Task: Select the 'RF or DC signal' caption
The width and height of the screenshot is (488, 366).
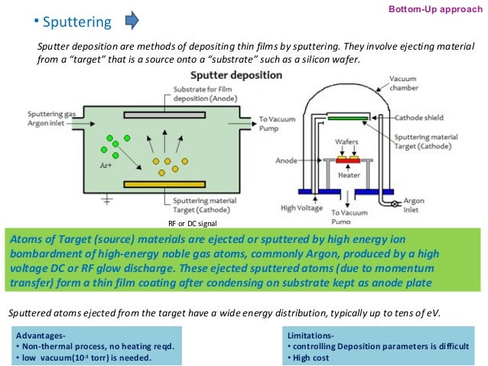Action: pyautogui.click(x=192, y=222)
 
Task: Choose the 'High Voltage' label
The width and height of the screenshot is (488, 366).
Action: pyautogui.click(x=300, y=208)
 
